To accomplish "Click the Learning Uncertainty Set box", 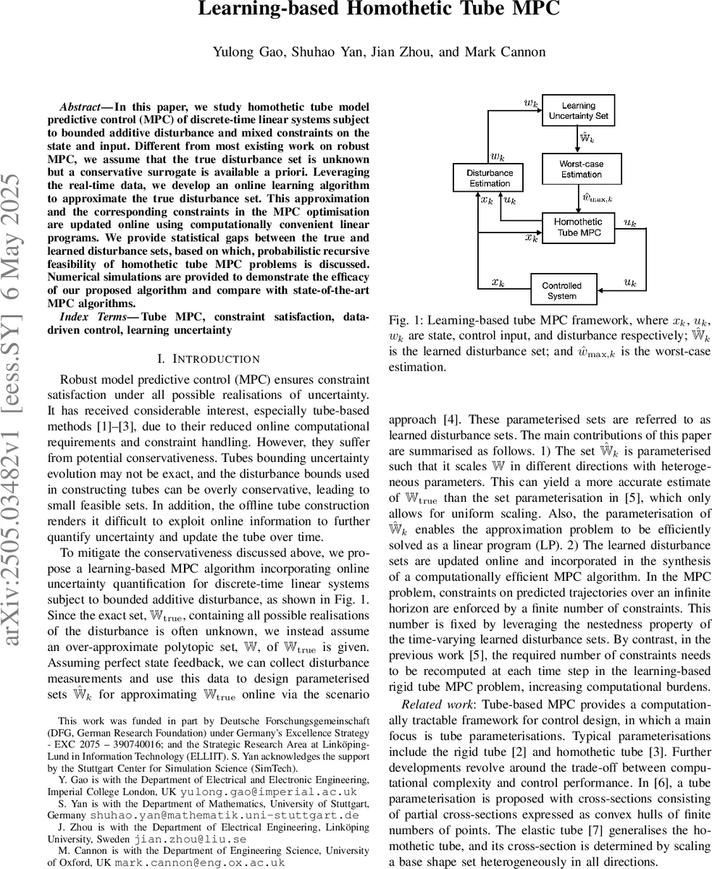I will coord(578,110).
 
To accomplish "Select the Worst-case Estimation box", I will coord(581,169).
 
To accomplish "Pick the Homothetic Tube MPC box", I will coord(578,227).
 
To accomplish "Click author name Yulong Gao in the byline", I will coord(238,51).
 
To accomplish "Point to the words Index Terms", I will coord(93,317).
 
